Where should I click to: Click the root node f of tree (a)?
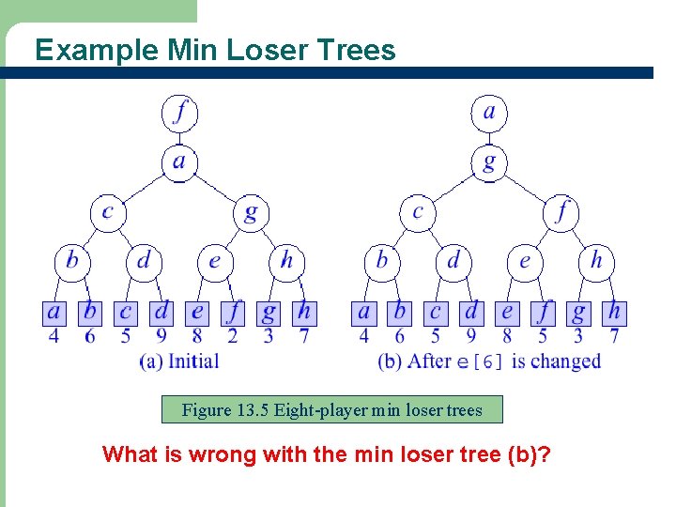pyautogui.click(x=179, y=113)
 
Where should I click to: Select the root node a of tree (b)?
pyautogui.click(x=488, y=113)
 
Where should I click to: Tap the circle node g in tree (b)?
pyautogui.click(x=488, y=161)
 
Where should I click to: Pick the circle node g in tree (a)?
pyautogui.click(x=250, y=212)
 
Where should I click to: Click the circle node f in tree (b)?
pyautogui.click(x=561, y=212)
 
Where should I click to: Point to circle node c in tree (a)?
pyautogui.click(x=107, y=212)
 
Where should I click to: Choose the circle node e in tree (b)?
pyautogui.click(x=525, y=260)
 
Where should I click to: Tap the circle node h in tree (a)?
pyautogui.click(x=286, y=260)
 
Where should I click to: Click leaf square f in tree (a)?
pyautogui.click(x=233, y=312)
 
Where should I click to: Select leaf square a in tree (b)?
pyautogui.click(x=363, y=312)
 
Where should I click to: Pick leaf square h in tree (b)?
pyautogui.click(x=614, y=312)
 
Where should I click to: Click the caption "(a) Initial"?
pyautogui.click(x=178, y=361)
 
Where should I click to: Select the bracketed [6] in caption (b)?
pyautogui.click(x=489, y=362)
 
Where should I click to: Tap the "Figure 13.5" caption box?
pyautogui.click(x=331, y=409)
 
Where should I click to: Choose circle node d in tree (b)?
pyautogui.click(x=453, y=260)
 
